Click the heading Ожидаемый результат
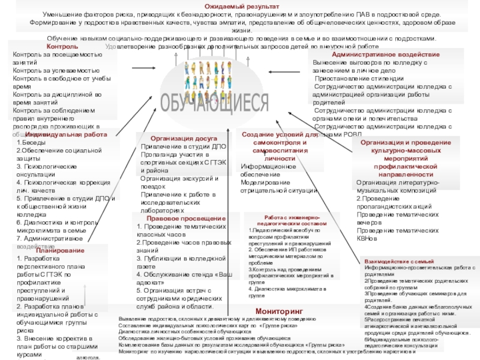click(x=240, y=5)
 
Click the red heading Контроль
click(x=62, y=46)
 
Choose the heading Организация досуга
click(x=179, y=137)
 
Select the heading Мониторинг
click(x=275, y=311)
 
